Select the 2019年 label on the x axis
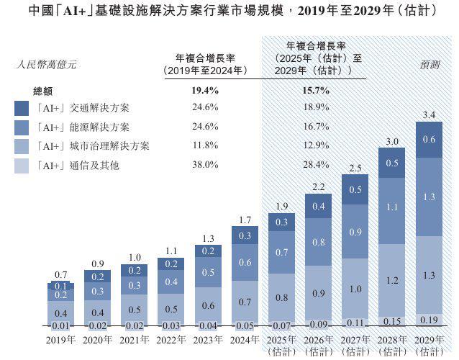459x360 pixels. coord(60,339)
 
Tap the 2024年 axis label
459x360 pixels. coord(245,339)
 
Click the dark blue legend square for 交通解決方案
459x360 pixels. coord(21,108)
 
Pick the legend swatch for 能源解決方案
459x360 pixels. coord(21,127)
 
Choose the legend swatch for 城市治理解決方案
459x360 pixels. coord(21,146)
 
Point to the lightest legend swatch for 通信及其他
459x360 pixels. coord(21,165)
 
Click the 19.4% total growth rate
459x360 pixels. coord(205,91)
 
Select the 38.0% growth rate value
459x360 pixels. coord(205,165)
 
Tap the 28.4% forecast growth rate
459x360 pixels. coord(314,165)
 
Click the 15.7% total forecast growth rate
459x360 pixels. coord(314,91)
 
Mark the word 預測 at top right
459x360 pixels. coord(430,64)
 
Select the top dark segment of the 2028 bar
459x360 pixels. coord(391,163)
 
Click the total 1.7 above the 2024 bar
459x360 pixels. coord(245,220)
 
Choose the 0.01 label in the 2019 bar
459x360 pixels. coord(60,326)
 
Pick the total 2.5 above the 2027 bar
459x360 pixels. coord(355,168)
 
